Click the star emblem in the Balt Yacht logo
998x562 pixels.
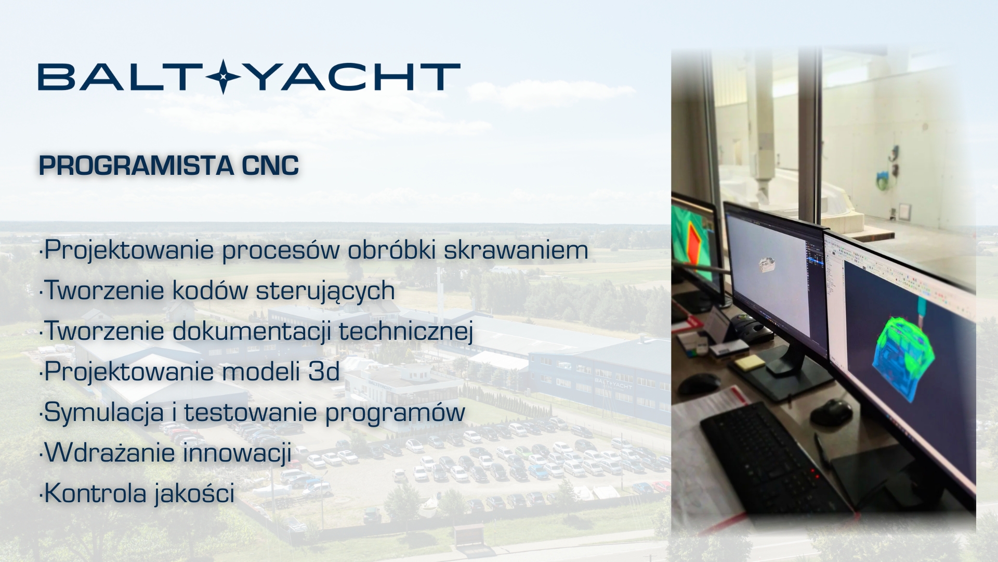click(x=223, y=76)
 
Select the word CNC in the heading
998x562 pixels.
click(x=270, y=165)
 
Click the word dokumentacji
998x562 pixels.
click(x=252, y=331)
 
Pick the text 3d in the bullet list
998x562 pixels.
click(x=324, y=372)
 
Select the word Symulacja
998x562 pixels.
click(x=104, y=412)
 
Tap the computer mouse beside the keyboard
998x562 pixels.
click(x=832, y=412)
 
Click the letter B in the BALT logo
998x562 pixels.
click(x=52, y=77)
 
